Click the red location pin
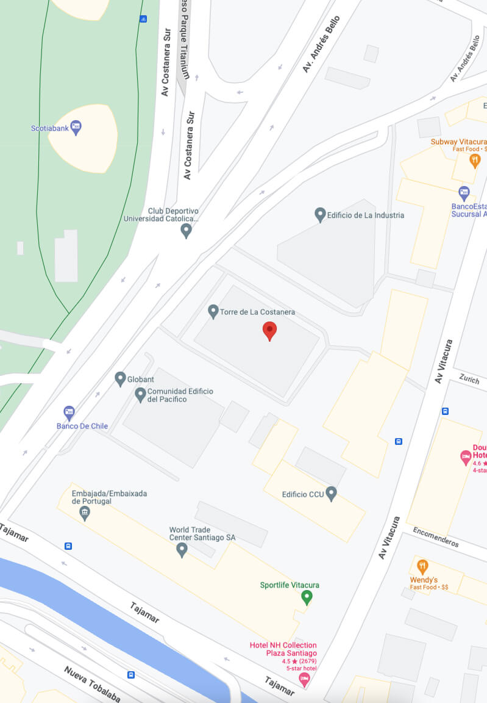tap(269, 331)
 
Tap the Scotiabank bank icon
tap(76, 128)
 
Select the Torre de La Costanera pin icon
tap(213, 312)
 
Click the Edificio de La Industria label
tap(365, 215)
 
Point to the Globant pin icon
tap(121, 379)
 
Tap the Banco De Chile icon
tap(69, 413)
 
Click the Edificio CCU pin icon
tap(332, 493)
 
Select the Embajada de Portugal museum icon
tap(85, 513)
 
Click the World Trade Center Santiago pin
tap(182, 550)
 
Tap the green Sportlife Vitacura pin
tap(307, 597)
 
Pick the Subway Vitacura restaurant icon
tap(475, 160)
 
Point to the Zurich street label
tap(470, 379)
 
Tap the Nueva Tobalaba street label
tap(92, 684)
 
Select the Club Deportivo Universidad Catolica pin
tap(187, 231)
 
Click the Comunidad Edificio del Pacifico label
tap(175, 395)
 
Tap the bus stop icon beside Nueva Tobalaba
tap(131, 674)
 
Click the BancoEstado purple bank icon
tap(464, 193)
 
